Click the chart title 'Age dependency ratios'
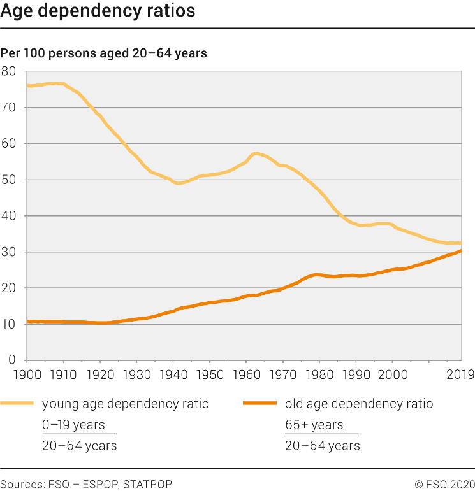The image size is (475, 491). point(98,11)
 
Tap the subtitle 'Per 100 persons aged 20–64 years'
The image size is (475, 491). point(104,53)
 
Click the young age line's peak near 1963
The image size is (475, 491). point(256,153)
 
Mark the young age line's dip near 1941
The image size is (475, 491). point(178,183)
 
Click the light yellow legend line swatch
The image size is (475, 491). point(17,403)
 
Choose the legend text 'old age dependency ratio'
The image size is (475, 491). point(359,404)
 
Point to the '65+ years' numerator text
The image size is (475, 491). point(314,425)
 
